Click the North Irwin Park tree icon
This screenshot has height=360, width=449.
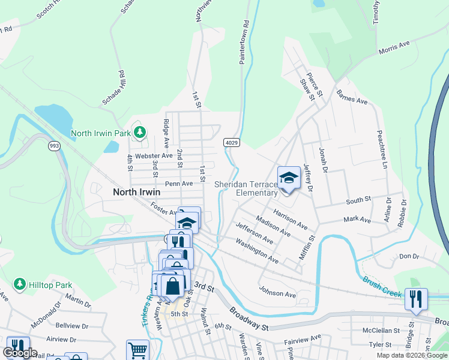(139, 132)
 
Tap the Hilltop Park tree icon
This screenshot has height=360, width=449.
(20, 283)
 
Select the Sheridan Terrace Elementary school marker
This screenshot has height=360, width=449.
(289, 178)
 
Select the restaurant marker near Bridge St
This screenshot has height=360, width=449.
(416, 299)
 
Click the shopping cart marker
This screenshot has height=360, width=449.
(137, 350)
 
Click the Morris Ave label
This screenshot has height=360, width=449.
(394, 48)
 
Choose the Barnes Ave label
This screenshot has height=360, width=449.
(352, 97)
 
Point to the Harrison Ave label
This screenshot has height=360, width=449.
(290, 220)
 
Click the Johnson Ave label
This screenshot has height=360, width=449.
(277, 294)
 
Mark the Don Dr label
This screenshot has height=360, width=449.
(409, 256)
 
